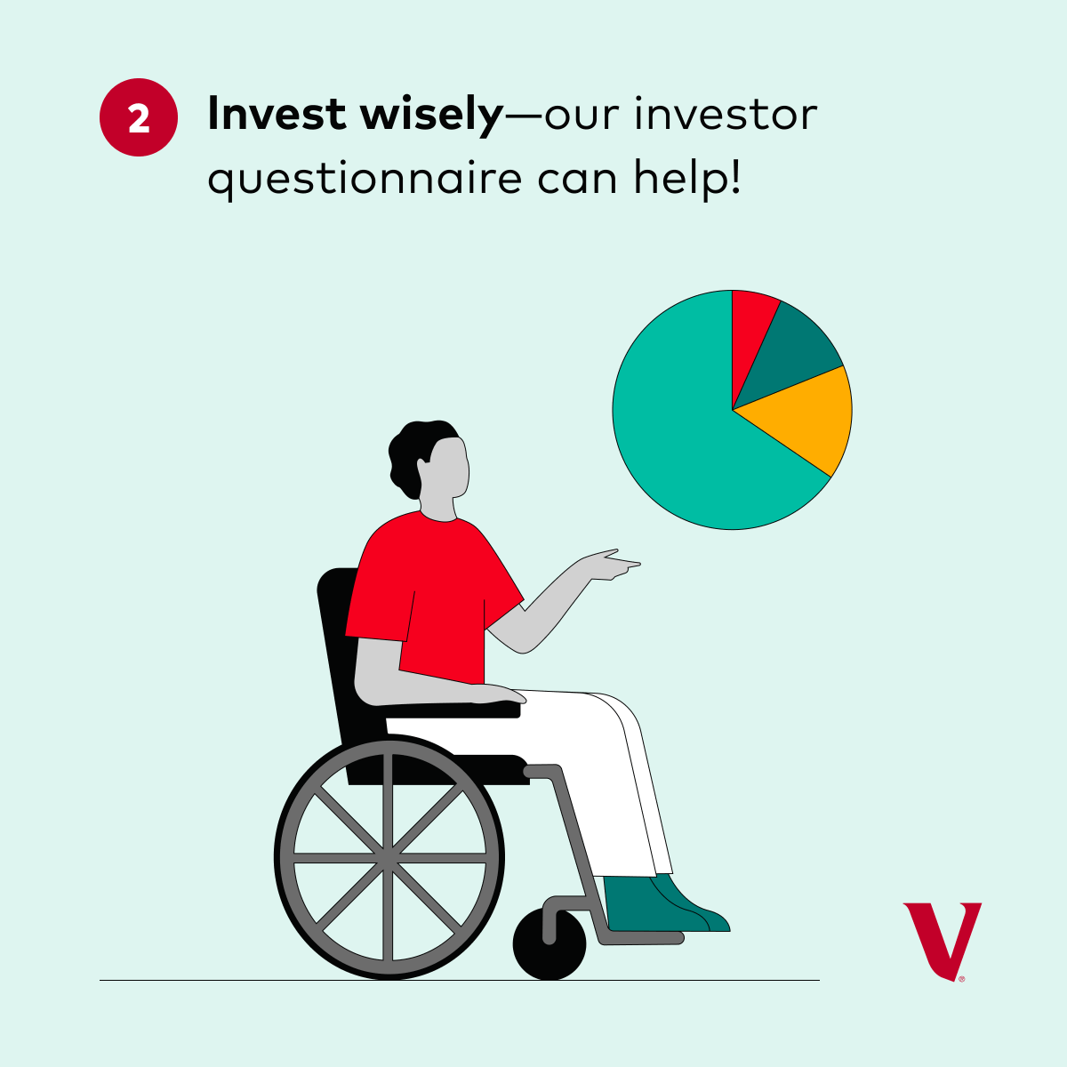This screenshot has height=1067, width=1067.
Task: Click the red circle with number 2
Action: [x=139, y=118]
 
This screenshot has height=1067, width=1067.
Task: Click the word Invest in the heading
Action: [x=277, y=116]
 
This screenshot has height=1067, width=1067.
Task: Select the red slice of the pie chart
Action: [x=751, y=329]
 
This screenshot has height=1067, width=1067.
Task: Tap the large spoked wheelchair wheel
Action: [x=389, y=858]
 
